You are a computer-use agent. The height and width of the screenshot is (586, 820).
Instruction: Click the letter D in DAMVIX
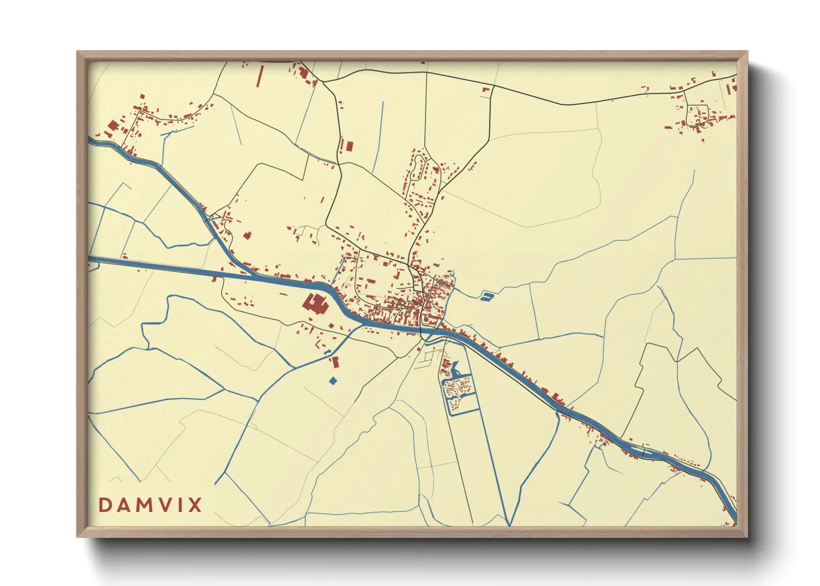pos(105,505)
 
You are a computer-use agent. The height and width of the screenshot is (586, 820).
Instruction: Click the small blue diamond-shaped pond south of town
pos(332,381)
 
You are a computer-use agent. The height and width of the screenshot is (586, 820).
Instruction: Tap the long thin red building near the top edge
pos(259,76)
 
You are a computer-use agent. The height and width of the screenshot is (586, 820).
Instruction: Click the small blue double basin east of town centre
pos(486,296)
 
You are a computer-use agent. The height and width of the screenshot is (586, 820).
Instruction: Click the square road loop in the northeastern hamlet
pos(697,115)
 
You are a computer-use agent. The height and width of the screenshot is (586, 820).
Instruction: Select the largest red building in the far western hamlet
pos(113,127)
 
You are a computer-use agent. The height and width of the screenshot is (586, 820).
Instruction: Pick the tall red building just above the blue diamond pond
pos(335,362)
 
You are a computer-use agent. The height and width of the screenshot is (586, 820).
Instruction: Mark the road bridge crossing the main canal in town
pos(424,331)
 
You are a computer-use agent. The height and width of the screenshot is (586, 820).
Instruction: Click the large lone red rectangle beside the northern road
pos(349,146)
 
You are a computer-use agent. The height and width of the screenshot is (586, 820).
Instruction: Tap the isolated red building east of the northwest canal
pos(247,235)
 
